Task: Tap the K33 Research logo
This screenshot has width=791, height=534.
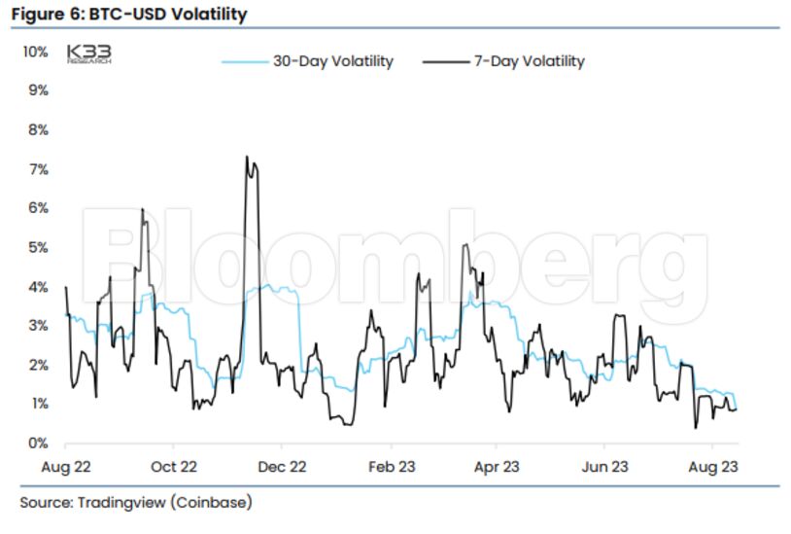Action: pos(88,53)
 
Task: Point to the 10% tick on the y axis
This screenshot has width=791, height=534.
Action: pos(34,51)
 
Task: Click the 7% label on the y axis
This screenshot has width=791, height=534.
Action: pos(37,169)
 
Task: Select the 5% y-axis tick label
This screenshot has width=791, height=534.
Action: pos(37,247)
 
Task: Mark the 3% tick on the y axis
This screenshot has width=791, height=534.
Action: pos(37,325)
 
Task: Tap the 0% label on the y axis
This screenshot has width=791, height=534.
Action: pos(37,443)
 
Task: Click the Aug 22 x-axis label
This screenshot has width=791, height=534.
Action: pos(65,467)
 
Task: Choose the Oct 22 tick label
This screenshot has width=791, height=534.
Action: pos(175,467)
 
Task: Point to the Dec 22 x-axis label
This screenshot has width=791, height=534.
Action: pos(284,467)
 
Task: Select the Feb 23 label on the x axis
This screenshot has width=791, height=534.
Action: pos(392,467)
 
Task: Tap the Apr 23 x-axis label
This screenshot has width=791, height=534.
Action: pos(497,467)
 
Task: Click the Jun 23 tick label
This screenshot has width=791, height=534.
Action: pos(604,467)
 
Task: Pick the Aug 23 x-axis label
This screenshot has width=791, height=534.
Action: pos(714,467)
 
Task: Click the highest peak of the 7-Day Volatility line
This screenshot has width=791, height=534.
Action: pos(247,157)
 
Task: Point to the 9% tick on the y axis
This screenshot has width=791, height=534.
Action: pos(37,90)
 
